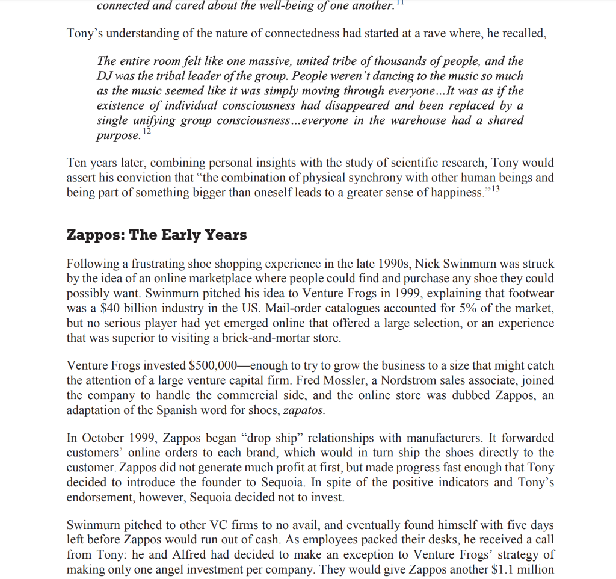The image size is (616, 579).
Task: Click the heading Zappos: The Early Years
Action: tap(156, 235)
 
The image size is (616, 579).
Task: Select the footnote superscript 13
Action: tap(493, 190)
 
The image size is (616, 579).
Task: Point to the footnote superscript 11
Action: tap(405, 3)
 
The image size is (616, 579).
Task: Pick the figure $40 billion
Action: tap(120, 308)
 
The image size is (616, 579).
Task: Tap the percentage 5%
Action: tap(451, 308)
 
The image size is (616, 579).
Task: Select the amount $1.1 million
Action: tap(520, 569)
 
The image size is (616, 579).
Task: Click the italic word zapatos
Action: tap(303, 410)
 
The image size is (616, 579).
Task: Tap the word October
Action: tap(104, 438)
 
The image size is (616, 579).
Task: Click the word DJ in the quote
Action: tap(106, 76)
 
